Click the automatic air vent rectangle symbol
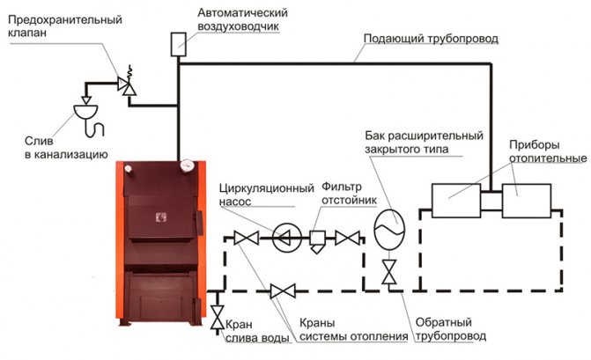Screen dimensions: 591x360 point(179,44)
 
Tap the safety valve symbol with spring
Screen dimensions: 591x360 point(127,84)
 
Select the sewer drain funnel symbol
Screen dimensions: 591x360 point(85,112)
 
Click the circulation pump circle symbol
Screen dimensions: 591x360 point(287,238)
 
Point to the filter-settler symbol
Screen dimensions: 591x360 point(317,241)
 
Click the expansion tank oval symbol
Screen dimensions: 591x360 point(389,230)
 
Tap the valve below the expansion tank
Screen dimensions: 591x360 point(389,272)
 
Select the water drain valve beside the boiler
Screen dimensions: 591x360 point(218,318)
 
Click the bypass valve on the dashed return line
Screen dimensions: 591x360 point(283,291)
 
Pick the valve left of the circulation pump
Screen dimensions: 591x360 point(247,238)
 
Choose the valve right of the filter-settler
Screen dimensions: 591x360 point(348,238)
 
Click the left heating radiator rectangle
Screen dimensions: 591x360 point(456,201)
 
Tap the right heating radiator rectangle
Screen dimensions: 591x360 point(527,201)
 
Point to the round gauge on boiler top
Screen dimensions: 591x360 point(186,165)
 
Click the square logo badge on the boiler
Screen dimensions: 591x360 point(161,217)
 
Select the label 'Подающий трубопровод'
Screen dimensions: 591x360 point(431,39)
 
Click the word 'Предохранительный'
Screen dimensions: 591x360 point(65,19)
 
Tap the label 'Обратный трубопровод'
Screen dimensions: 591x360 point(451,328)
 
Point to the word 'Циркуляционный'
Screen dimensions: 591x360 point(267,187)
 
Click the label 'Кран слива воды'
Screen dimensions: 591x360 point(257,331)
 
